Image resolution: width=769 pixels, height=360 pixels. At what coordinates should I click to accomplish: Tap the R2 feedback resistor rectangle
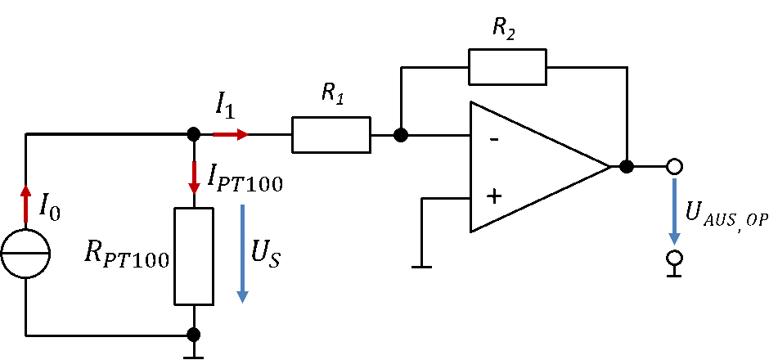(507, 67)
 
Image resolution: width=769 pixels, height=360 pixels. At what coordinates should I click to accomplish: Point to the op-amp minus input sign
(494, 140)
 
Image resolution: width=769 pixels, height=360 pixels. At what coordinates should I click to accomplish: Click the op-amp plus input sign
(494, 196)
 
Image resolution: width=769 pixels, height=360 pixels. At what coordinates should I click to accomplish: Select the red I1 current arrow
(231, 134)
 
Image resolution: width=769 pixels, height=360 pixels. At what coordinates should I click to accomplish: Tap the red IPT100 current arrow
(194, 177)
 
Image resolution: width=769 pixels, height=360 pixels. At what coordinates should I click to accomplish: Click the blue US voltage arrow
(242, 254)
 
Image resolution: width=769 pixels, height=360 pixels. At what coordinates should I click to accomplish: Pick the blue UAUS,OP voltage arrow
(675, 211)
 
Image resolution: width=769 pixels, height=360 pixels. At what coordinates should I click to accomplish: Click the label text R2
(504, 29)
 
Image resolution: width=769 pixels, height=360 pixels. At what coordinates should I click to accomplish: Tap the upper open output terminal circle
(675, 167)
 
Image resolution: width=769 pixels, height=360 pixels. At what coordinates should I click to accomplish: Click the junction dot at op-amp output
(627, 167)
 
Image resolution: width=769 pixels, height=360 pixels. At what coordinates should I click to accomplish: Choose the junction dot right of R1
(401, 135)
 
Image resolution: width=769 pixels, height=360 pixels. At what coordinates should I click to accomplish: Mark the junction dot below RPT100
(194, 335)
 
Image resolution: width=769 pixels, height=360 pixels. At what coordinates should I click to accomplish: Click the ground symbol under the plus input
(422, 267)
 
